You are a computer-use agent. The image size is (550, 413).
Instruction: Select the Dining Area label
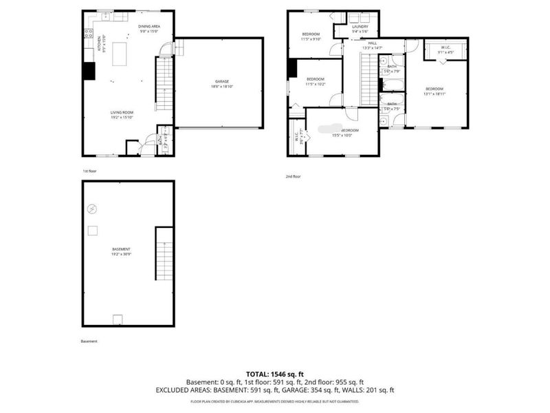tap(148, 29)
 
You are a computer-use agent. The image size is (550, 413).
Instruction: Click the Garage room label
tap(221, 84)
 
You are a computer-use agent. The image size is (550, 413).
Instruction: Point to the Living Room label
tap(122, 115)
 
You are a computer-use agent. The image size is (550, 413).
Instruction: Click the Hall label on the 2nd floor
tap(373, 45)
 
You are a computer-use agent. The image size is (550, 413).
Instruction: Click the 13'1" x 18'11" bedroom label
tap(434, 91)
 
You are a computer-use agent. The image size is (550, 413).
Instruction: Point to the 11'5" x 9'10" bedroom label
tap(311, 36)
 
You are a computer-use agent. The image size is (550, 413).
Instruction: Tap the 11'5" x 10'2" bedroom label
tap(315, 81)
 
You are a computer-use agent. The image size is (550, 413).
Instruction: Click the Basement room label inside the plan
tap(121, 251)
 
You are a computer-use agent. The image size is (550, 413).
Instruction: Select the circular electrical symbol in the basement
tap(92, 209)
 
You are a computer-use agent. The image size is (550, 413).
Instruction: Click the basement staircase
tap(163, 254)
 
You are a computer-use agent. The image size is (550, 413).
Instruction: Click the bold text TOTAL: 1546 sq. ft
tap(275, 372)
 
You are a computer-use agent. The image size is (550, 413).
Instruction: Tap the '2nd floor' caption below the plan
tap(294, 176)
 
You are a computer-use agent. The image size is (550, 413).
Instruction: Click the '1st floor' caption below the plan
tap(90, 171)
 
